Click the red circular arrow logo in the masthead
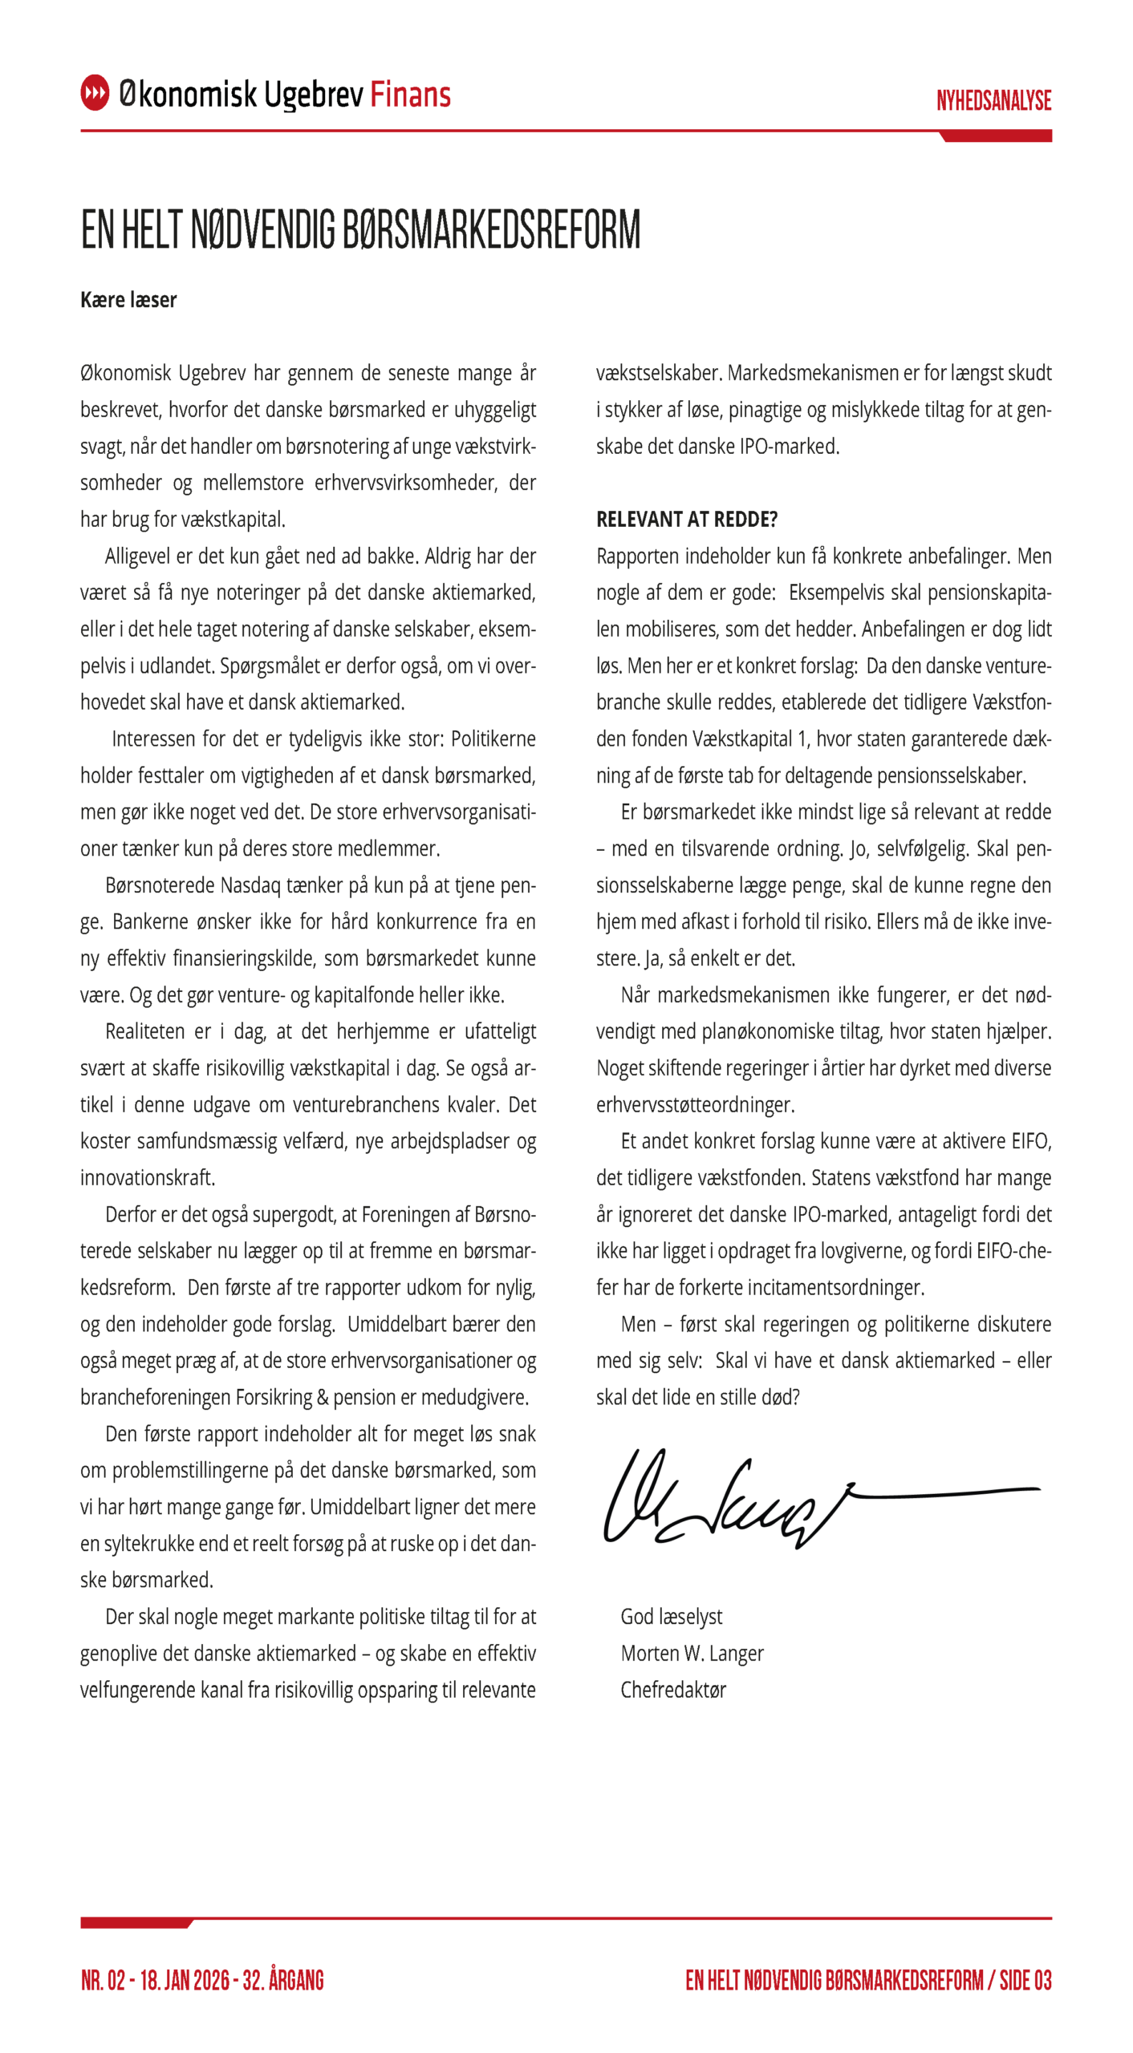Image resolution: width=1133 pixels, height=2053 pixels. [x=95, y=93]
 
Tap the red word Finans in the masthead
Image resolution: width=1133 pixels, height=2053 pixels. [x=410, y=95]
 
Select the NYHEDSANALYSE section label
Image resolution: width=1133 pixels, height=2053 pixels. [x=993, y=101]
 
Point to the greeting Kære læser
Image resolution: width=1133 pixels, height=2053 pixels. [x=128, y=300]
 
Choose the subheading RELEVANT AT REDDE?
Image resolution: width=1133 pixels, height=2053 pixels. [x=686, y=520]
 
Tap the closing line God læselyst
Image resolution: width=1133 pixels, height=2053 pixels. [x=671, y=1617]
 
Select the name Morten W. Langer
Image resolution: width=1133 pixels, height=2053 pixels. [x=692, y=1654]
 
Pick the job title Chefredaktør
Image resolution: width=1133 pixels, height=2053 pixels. [x=672, y=1690]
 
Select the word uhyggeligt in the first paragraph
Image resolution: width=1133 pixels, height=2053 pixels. [x=495, y=410]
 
